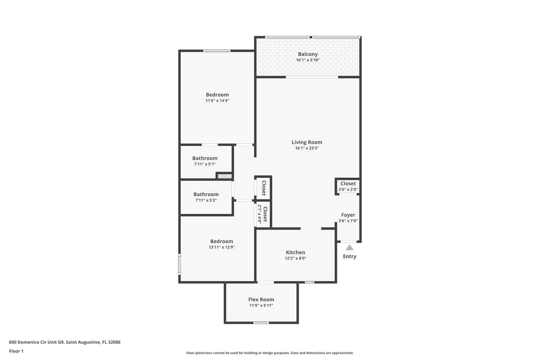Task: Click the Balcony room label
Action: tap(308, 54)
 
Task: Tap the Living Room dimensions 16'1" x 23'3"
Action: tap(307, 148)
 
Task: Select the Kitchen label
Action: tap(296, 252)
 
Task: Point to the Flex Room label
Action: tap(261, 300)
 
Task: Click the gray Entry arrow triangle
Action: tap(350, 248)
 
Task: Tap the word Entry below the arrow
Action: tap(350, 256)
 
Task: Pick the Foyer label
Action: tap(348, 215)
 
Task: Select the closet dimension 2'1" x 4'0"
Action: tap(259, 214)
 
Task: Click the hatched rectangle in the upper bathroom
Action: tap(225, 176)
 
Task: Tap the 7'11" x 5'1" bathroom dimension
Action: tap(205, 164)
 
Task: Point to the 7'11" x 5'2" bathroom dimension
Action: tap(206, 200)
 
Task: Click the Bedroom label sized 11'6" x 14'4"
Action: tap(217, 95)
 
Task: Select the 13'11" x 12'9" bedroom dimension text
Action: tap(222, 247)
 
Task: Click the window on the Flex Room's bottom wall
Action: tap(261, 322)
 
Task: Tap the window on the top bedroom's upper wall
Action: tap(217, 51)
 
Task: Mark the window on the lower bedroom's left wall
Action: tap(179, 264)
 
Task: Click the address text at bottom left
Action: tap(65, 342)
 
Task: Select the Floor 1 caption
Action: tap(16, 351)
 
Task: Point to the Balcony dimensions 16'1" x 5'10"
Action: tap(308, 60)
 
